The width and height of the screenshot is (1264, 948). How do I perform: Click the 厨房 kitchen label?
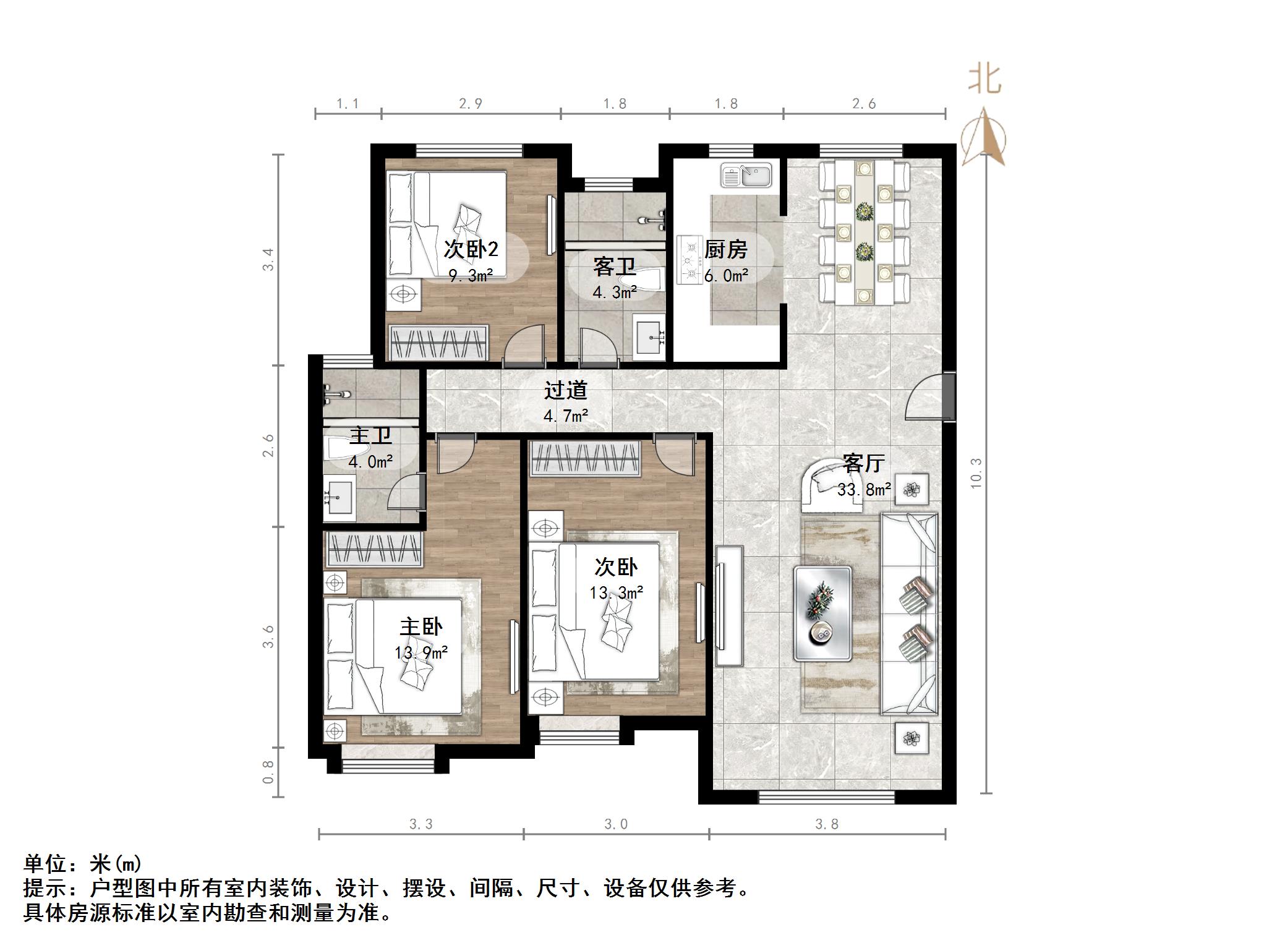(x=726, y=250)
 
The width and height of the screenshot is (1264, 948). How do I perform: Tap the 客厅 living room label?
(x=864, y=463)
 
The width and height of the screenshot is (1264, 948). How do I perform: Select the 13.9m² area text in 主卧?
(x=421, y=652)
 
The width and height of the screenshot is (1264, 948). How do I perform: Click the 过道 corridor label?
(x=565, y=390)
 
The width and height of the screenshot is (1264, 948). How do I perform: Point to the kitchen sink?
(x=746, y=175)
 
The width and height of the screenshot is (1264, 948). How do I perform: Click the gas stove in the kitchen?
(x=690, y=260)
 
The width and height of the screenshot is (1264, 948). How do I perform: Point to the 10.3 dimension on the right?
(x=976, y=474)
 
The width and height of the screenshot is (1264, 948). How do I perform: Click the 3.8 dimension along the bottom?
(x=827, y=824)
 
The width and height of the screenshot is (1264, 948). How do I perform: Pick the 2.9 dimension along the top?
(x=471, y=104)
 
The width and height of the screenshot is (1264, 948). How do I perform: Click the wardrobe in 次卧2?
(x=438, y=342)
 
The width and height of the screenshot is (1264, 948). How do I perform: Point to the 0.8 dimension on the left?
(x=268, y=772)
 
